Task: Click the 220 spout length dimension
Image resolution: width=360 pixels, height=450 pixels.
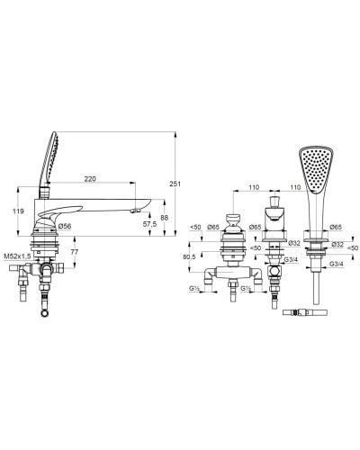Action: click(x=90, y=179)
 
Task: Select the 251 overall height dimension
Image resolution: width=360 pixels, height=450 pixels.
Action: click(x=175, y=184)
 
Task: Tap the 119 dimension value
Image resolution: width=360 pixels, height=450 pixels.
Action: click(x=18, y=211)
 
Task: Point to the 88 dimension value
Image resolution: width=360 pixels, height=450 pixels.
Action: click(x=165, y=218)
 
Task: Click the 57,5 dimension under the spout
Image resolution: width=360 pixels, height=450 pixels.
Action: click(x=149, y=224)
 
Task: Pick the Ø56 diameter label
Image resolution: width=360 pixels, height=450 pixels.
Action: click(x=65, y=226)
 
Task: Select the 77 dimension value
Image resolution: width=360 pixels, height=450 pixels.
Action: click(x=74, y=252)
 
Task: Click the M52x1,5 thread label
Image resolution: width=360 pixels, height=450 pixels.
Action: click(x=17, y=256)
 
